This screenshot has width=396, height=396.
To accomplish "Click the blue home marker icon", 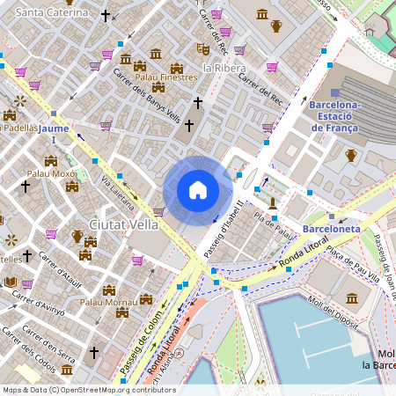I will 198,190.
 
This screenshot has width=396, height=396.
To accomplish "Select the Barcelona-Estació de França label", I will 335,116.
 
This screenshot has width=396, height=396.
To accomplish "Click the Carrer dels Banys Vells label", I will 146,97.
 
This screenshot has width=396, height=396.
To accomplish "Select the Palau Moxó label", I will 52,173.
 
